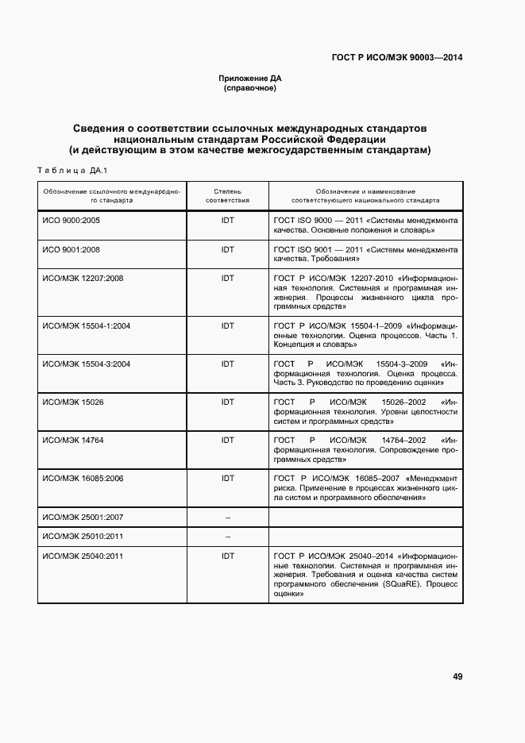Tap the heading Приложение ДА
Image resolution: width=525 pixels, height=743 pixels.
pos(250,79)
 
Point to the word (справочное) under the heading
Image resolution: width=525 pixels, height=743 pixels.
pos(250,88)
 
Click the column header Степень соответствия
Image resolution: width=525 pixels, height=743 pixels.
pos(228,196)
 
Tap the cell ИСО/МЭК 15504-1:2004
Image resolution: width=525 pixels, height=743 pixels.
pos(86,325)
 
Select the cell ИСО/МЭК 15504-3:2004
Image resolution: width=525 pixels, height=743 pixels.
pos(86,364)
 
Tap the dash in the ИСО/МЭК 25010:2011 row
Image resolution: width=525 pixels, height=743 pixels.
pos(228,536)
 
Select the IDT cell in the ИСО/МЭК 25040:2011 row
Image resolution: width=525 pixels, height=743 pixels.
pos(228,556)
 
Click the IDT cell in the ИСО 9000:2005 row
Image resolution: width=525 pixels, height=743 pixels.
pos(228,220)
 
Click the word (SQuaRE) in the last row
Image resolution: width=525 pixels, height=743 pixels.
pos(381,584)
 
